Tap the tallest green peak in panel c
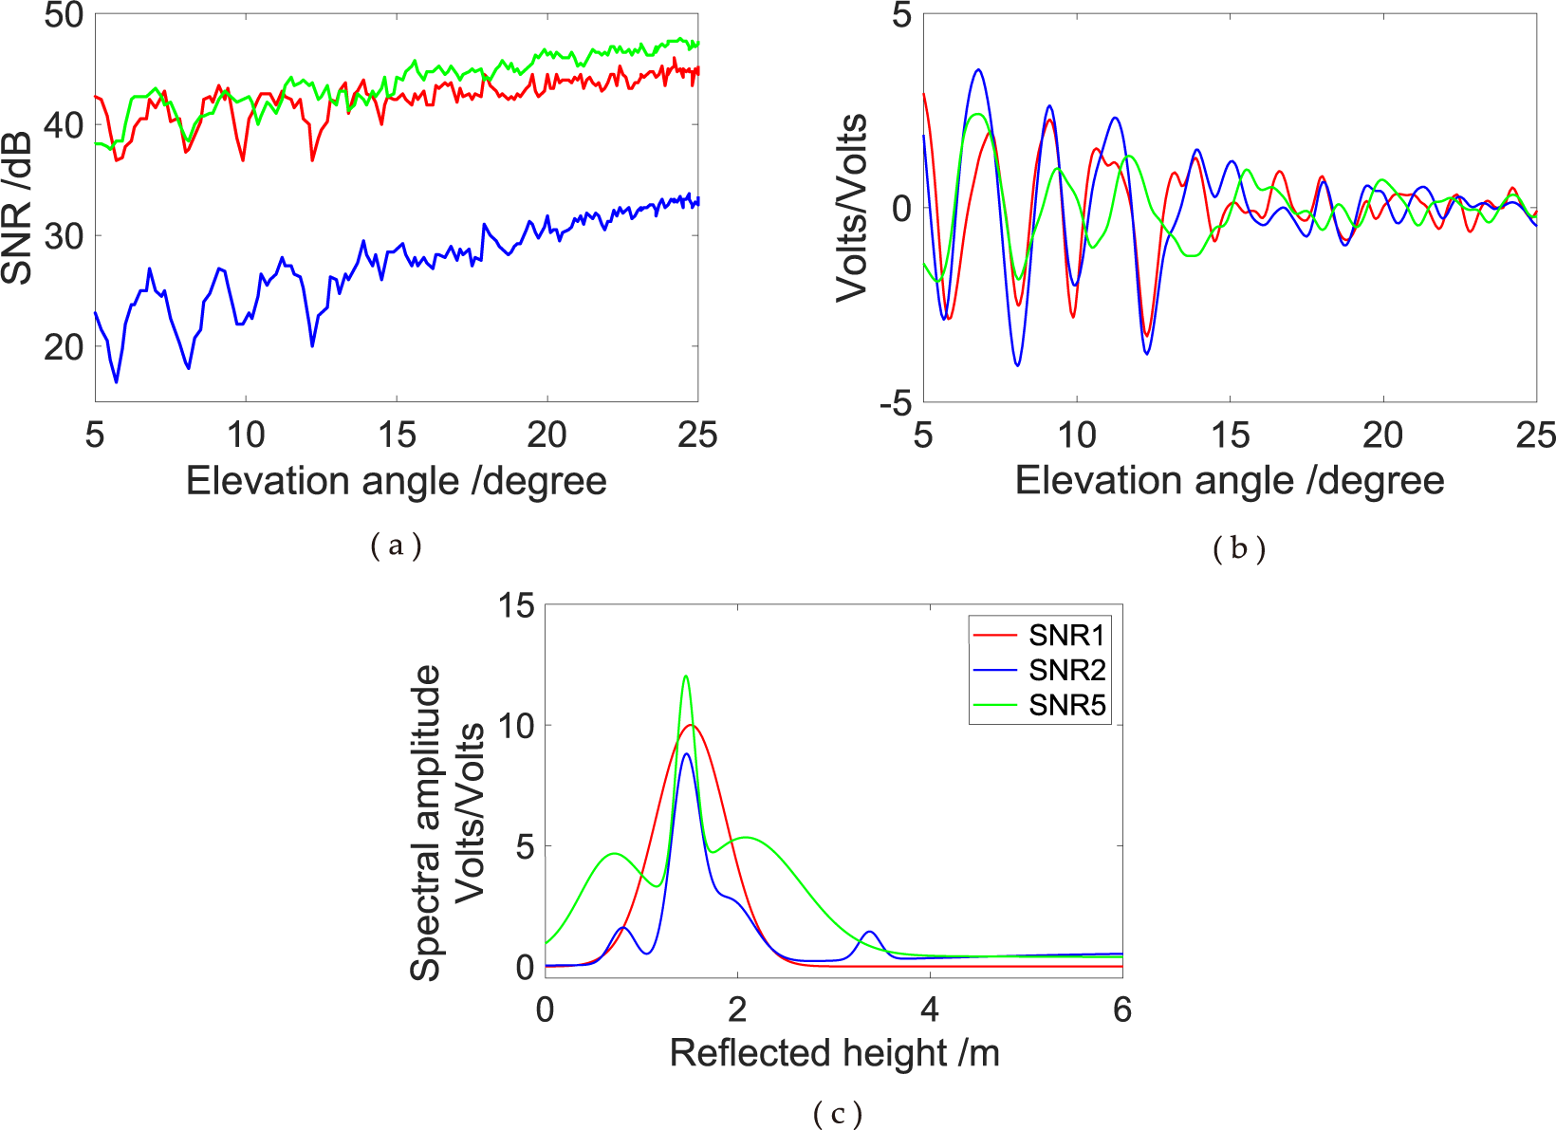(x=686, y=676)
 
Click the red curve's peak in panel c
(x=691, y=725)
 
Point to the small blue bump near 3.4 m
(x=869, y=933)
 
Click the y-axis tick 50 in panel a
(x=64, y=15)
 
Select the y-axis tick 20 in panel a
(x=64, y=346)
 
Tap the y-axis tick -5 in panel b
(x=894, y=404)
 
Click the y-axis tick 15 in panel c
(x=516, y=605)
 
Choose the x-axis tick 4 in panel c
(x=930, y=1010)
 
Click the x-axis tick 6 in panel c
(x=1121, y=1010)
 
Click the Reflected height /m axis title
(x=834, y=1053)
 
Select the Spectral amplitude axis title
(x=426, y=822)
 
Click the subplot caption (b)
(x=1238, y=548)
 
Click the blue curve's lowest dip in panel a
(x=117, y=382)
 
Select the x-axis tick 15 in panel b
(x=1230, y=435)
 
